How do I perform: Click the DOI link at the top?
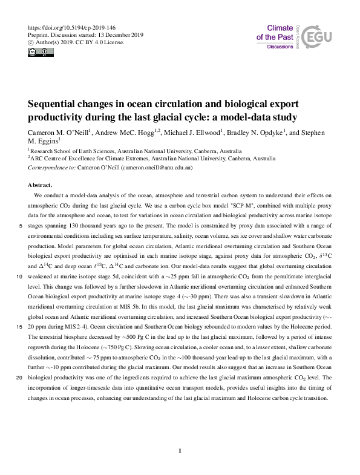coord(72,28)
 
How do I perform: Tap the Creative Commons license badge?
coord(36,51)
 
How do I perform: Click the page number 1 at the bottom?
coord(180,450)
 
